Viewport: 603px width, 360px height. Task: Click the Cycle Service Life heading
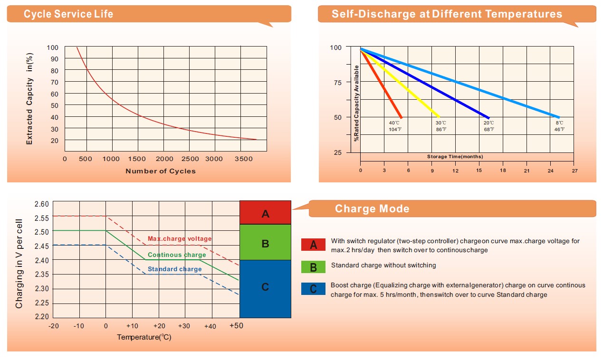tap(68, 14)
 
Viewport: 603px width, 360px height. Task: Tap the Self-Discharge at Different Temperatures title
tap(447, 14)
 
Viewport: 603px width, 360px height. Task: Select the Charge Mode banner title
tap(372, 209)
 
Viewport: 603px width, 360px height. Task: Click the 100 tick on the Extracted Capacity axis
tap(52, 47)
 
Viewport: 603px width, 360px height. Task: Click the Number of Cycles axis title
tap(160, 171)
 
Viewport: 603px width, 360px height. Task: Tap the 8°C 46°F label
tap(559, 126)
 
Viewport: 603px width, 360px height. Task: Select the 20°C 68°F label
tap(489, 126)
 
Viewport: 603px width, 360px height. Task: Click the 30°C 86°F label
tap(441, 126)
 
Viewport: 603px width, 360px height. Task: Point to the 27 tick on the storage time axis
tap(574, 171)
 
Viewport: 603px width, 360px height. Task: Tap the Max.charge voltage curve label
tap(180, 239)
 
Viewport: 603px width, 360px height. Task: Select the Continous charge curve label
tap(177, 255)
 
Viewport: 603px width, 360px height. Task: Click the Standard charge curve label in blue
tap(174, 269)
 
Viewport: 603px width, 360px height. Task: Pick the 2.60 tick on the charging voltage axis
tap(42, 204)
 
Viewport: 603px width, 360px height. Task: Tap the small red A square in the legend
tap(313, 245)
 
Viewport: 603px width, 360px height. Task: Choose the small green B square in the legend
tap(313, 267)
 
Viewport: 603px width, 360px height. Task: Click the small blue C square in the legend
tap(313, 289)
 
